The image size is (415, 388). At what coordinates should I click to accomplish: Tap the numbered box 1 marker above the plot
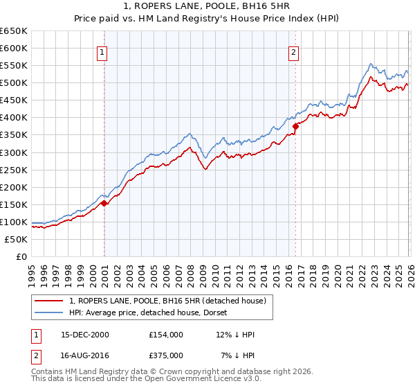[102, 51]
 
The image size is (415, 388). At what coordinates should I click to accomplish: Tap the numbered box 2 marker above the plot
[294, 51]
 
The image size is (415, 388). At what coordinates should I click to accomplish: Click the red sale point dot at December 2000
[104, 203]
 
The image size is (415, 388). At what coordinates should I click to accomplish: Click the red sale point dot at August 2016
[295, 126]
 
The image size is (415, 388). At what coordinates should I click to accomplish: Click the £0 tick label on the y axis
[21, 256]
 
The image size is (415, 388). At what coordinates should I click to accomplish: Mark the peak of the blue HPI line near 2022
[371, 64]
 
